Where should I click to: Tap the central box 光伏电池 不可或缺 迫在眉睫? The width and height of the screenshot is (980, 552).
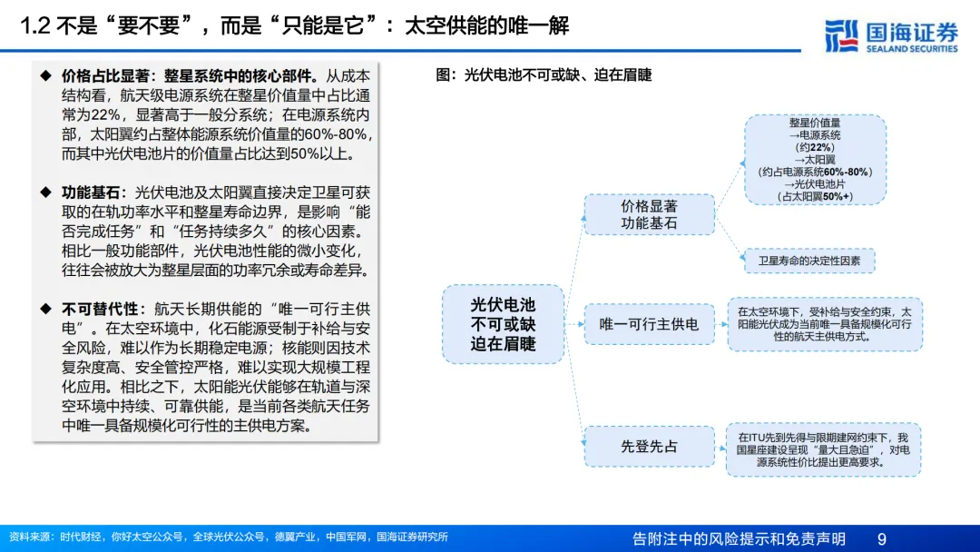pos(503,324)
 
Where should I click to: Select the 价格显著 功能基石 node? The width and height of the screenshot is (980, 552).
pos(649,214)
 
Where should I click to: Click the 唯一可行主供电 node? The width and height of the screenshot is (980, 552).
pos(649,324)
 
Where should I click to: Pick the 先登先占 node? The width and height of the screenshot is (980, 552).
pos(649,447)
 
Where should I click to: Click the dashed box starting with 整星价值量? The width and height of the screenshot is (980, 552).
pos(814,159)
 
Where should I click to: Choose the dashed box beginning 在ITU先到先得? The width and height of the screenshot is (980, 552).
pos(823,449)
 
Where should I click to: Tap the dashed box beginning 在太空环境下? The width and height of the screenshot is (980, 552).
pos(823,324)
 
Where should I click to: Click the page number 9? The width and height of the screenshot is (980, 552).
pos(881,539)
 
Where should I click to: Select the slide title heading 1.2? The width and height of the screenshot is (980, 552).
pos(295,26)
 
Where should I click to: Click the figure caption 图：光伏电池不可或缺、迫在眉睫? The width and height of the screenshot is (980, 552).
pos(544,75)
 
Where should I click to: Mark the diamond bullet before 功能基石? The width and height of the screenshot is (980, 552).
pos(45,192)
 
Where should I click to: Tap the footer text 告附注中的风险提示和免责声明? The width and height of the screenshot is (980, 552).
pos(739,539)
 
